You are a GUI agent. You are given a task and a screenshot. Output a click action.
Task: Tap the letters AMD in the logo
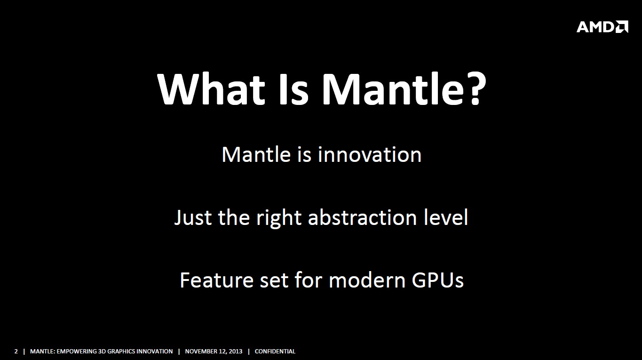pyautogui.click(x=595, y=27)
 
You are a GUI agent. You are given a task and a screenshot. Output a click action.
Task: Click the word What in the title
pyautogui.click(x=211, y=89)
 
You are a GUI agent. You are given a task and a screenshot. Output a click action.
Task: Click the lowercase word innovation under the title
pyautogui.click(x=370, y=155)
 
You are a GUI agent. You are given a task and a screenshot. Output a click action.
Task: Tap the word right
pyautogui.click(x=278, y=218)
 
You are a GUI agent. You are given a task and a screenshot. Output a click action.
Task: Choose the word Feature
pyautogui.click(x=217, y=280)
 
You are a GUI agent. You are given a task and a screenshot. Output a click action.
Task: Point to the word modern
pyautogui.click(x=367, y=280)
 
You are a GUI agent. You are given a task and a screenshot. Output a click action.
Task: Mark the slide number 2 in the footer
pyautogui.click(x=16, y=352)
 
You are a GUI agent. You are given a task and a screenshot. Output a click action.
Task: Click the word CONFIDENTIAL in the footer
pyautogui.click(x=275, y=352)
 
